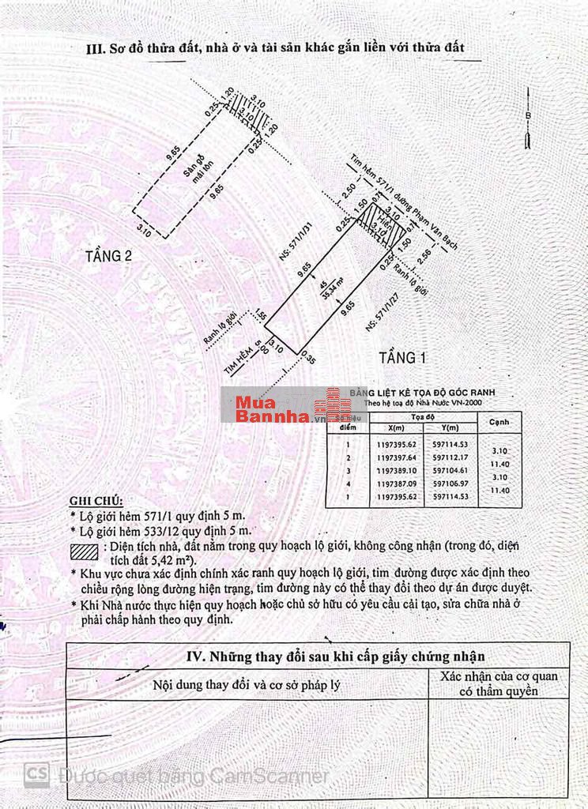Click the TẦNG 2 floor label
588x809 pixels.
coord(109,255)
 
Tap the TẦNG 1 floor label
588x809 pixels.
coord(402,358)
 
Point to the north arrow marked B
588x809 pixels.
coord(527,119)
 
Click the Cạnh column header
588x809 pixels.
coord(499,422)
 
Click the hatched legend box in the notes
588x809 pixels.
coord(84,551)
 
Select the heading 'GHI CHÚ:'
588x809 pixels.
coord(96,501)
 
